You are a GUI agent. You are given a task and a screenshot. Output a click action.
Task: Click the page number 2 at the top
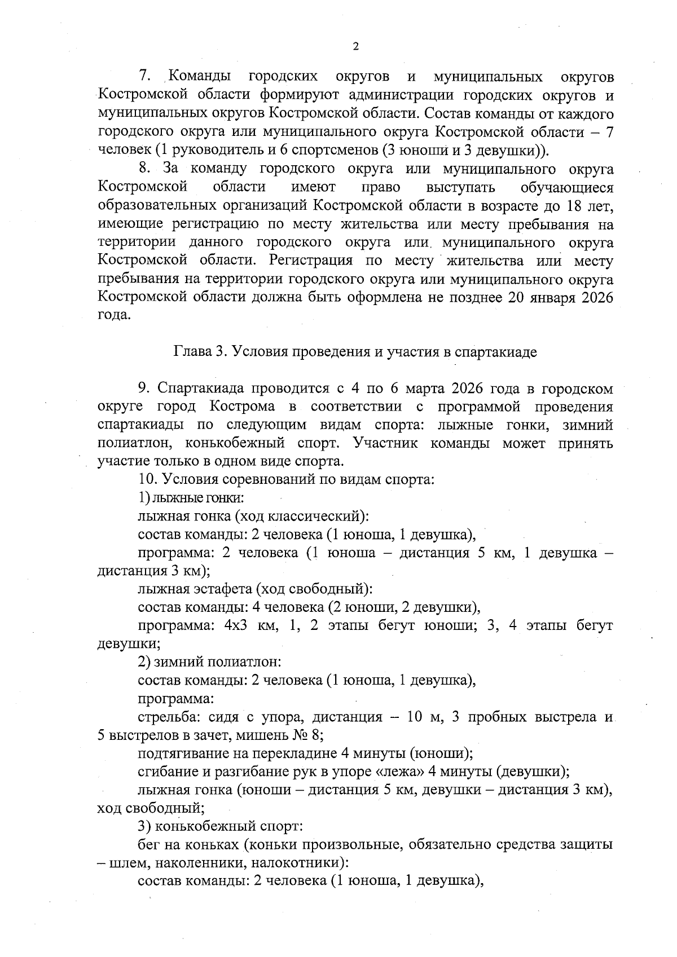coord(355,47)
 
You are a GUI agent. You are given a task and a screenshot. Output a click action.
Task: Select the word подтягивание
coord(182,753)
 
